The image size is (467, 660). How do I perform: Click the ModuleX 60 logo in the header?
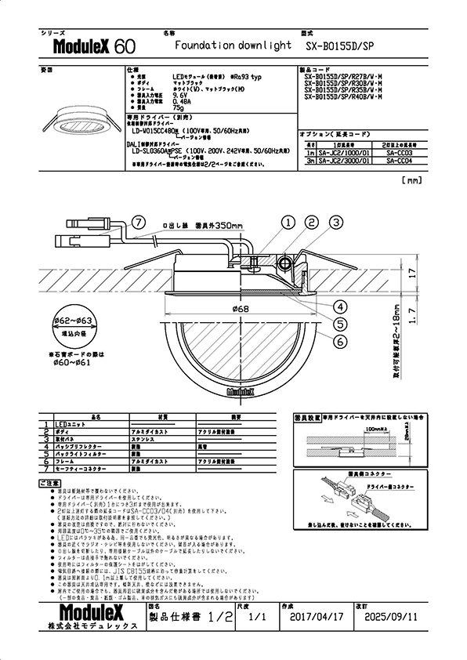click(87, 47)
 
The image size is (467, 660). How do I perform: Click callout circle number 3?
click(335, 223)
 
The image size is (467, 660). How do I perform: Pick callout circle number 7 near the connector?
click(139, 223)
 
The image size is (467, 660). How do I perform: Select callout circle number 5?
click(341, 323)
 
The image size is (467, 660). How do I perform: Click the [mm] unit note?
click(411, 180)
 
